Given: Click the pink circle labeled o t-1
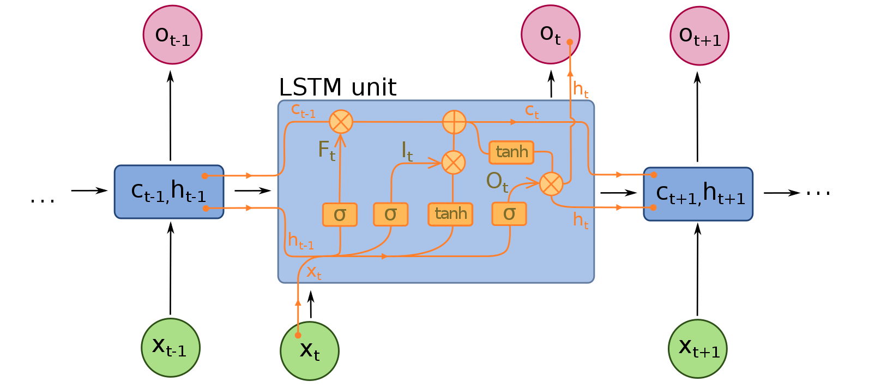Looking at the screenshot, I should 172,35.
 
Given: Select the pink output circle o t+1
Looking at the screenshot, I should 699,36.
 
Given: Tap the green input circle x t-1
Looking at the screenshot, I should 171,348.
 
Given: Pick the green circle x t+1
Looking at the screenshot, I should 697,348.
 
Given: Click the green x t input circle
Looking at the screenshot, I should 310,350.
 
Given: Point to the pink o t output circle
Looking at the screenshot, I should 550,34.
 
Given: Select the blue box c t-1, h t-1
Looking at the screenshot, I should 169,192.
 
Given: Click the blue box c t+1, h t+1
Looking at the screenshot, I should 698,194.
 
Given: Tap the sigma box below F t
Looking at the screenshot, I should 340,215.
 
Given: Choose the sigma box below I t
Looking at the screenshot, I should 390,214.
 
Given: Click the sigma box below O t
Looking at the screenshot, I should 509,213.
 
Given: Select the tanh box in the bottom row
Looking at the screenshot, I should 450,214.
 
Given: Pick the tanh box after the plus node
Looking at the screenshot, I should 511,152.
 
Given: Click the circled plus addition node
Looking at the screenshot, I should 454,122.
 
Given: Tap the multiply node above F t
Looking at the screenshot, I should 341,121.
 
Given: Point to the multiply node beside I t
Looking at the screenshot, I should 453,163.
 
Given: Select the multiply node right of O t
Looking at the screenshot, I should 551,184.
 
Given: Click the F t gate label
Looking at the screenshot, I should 326,150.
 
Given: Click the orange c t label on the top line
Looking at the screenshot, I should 532,111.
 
